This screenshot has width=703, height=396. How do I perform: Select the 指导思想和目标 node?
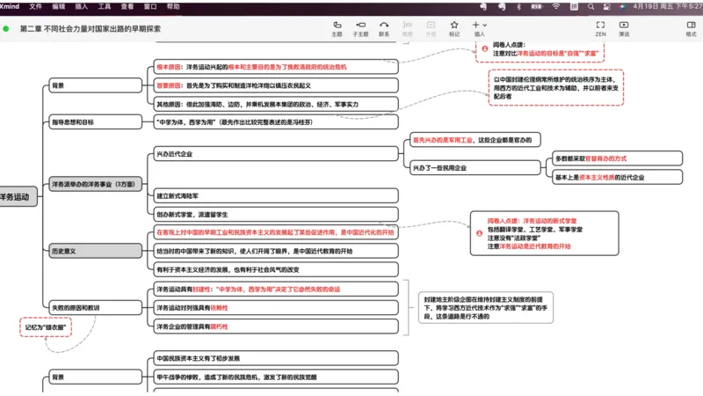[72, 122]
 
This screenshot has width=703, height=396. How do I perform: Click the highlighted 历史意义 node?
[63, 251]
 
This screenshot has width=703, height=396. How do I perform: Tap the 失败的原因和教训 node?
[75, 306]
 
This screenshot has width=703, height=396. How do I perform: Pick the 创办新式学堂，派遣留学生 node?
[193, 214]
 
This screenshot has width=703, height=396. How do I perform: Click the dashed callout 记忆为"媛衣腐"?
[46, 327]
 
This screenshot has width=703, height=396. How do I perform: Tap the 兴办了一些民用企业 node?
[439, 167]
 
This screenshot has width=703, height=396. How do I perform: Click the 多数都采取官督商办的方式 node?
[591, 158]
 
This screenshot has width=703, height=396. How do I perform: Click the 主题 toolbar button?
[337, 29]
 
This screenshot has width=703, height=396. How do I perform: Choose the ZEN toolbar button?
[600, 29]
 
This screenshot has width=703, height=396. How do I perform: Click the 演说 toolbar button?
[624, 29]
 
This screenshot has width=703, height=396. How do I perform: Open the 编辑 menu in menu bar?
[58, 6]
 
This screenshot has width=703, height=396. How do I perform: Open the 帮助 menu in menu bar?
[173, 6]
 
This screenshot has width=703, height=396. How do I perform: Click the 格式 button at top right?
[691, 29]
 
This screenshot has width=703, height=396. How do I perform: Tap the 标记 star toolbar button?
[454, 29]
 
